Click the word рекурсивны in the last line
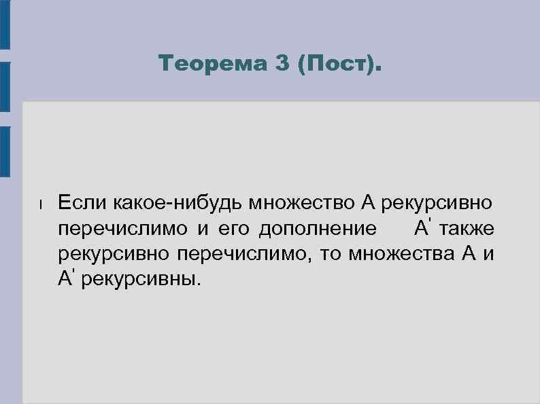(x=141, y=279)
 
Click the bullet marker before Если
(x=41, y=203)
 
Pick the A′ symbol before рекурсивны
(x=67, y=279)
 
